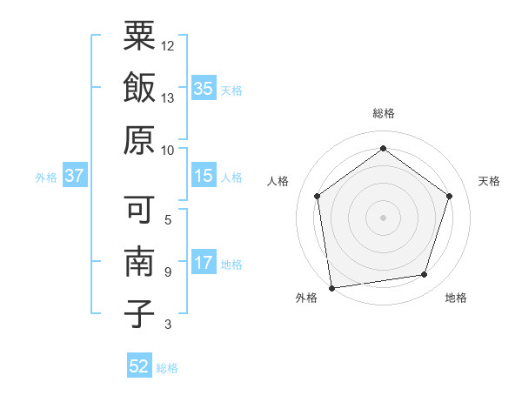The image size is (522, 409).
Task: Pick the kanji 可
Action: point(139,210)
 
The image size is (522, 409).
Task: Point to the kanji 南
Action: point(139,262)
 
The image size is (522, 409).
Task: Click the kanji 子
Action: point(139,314)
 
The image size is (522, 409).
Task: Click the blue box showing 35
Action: point(204,89)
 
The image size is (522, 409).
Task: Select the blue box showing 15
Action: point(204,177)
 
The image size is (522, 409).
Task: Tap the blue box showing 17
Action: point(204,263)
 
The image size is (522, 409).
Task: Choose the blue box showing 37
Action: point(74,177)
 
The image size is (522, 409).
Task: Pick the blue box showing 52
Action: point(139,366)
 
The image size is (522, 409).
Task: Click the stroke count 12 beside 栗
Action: point(168,45)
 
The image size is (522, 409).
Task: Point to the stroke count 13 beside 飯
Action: point(168,98)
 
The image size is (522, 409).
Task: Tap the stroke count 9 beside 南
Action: point(167,272)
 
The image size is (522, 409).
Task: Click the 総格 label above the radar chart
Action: point(383,114)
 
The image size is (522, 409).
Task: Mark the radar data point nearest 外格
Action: point(331,287)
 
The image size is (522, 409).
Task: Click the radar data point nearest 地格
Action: point(425,275)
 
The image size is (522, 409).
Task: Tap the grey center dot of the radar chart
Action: point(383,217)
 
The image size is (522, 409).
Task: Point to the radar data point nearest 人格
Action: point(317,196)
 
